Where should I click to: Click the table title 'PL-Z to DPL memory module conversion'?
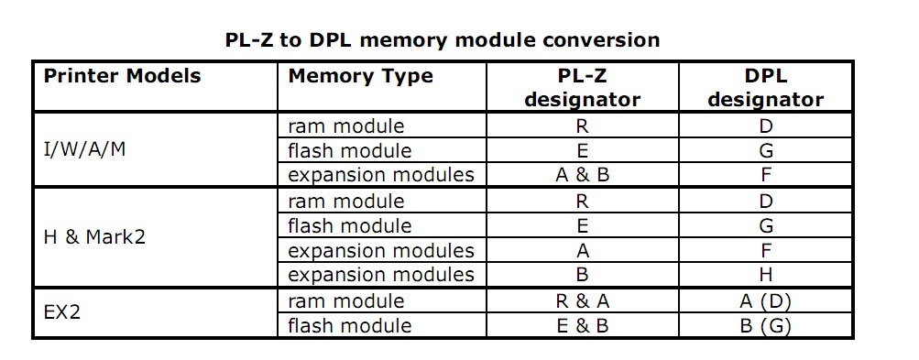[442, 40]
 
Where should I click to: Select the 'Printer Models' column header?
[121, 76]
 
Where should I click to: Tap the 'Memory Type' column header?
[360, 76]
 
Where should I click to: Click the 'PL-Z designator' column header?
[582, 88]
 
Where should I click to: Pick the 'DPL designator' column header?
[766, 88]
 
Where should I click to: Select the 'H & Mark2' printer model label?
[94, 237]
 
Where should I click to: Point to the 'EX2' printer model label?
[62, 312]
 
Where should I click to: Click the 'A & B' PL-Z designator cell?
[582, 175]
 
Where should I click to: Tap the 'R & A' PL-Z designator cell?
[582, 301]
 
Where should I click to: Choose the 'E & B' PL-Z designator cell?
[582, 326]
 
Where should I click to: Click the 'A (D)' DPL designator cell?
[766, 301]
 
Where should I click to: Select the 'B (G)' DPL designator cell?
[766, 326]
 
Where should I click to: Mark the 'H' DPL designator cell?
[766, 275]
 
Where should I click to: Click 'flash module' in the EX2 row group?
[349, 326]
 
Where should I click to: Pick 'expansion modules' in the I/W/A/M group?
[381, 175]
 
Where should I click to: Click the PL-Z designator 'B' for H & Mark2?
[582, 275]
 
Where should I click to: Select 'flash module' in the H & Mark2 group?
[349, 225]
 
